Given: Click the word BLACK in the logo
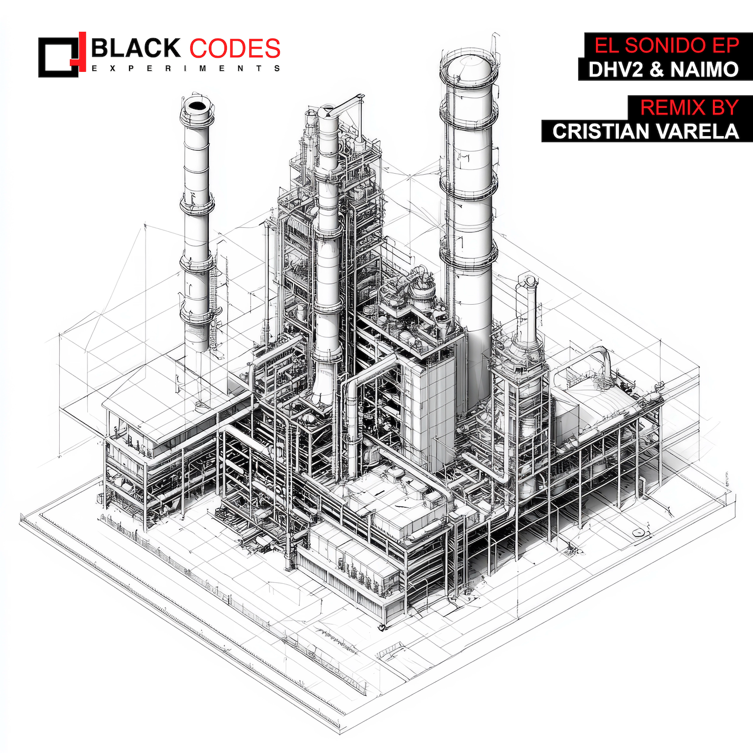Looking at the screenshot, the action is pos(135,48).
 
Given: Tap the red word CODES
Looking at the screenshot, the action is pos(235,48).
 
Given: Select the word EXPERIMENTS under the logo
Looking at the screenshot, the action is pos(186,68).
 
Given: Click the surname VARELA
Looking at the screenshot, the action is pos(697,132).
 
